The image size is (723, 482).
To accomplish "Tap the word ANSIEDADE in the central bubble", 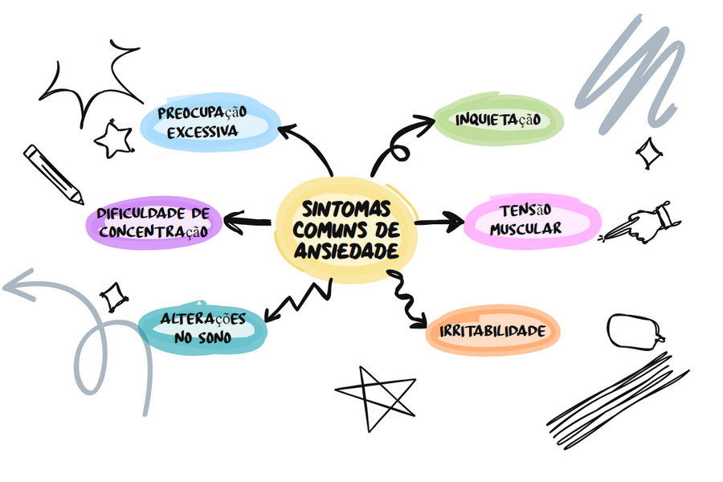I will click(x=346, y=251).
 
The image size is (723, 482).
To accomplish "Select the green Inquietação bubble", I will click(x=498, y=120).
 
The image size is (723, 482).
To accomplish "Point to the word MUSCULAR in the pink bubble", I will click(x=526, y=229).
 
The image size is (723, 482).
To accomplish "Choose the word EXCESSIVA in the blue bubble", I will click(x=202, y=131).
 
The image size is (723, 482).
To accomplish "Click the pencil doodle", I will click(x=53, y=174).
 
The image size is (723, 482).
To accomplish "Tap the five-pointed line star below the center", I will click(x=374, y=396).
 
